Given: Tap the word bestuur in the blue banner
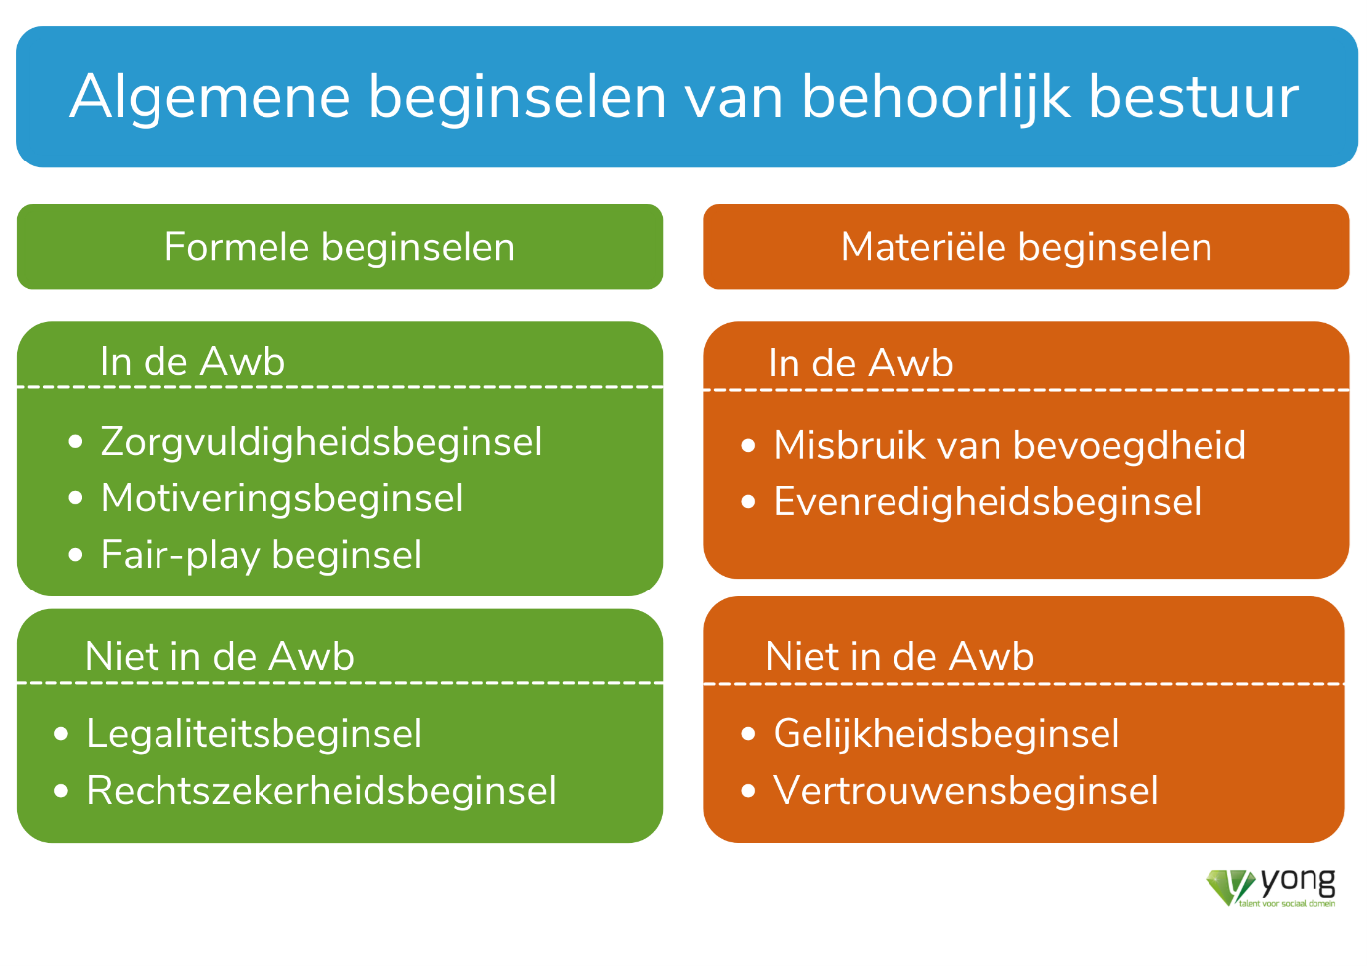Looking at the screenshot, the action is coord(1194,96).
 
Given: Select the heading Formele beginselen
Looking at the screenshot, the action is coord(340,248).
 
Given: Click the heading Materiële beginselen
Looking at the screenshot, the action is coord(1026,247).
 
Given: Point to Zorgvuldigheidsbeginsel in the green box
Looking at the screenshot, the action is coord(321,443).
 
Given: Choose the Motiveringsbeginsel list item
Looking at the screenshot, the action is coord(282,499).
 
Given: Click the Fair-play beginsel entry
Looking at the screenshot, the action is coord(262,555).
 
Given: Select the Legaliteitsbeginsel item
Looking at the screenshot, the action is coord(254,733).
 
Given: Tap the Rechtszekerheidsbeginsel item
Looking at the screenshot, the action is coord(322,791).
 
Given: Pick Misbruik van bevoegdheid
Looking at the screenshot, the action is coord(1009,445).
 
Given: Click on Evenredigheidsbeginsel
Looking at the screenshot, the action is coord(988,502).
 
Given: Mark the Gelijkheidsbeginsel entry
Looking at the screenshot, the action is coord(947,733).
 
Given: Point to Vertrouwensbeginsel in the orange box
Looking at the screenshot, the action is coord(966,791).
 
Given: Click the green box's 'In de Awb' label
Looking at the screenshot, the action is coord(193,362).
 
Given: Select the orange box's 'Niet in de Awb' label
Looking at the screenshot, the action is coord(899,657).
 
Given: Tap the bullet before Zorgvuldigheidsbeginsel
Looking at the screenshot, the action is coord(75,442).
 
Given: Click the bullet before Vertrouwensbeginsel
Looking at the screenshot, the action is coord(748,791).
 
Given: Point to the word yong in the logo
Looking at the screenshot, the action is coord(1298,882).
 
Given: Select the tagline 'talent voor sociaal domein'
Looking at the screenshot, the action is coord(1287,904).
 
